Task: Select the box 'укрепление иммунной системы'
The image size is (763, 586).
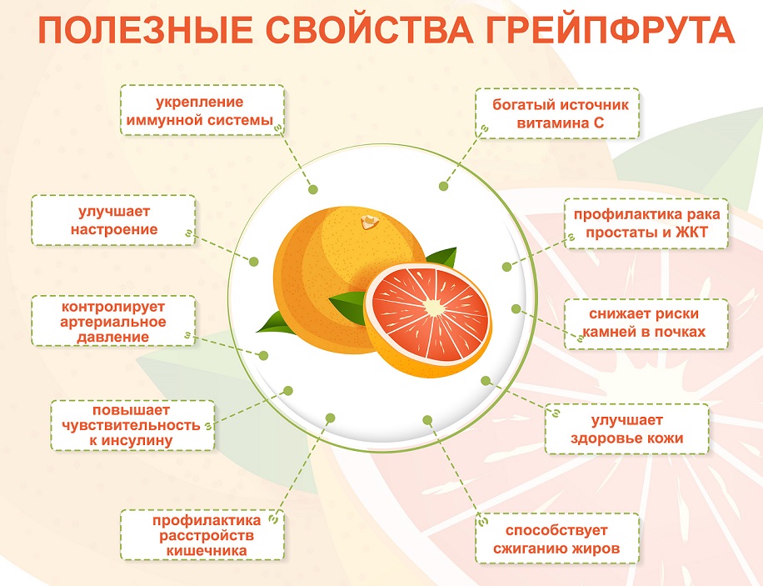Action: [x=202, y=110]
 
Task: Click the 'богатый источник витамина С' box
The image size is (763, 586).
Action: [x=557, y=113]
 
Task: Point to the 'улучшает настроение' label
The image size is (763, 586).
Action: [x=113, y=220]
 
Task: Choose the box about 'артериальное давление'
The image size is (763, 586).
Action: [x=113, y=321]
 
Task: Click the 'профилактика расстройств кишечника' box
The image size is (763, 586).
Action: [x=202, y=535]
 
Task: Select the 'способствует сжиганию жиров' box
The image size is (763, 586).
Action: [x=557, y=538]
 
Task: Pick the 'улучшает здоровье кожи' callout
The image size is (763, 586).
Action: [x=626, y=429]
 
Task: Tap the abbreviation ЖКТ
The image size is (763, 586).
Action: [x=691, y=233]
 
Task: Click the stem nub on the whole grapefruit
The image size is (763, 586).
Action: [x=369, y=222]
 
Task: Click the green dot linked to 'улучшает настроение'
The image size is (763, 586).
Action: [x=253, y=262]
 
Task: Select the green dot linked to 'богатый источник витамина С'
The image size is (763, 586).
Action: [x=443, y=186]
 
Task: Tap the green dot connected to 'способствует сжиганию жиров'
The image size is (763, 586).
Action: [x=427, y=420]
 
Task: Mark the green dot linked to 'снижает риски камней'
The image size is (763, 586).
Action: [x=516, y=309]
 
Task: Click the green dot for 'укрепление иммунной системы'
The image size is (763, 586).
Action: [x=313, y=189]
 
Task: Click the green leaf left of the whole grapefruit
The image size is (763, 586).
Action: [x=275, y=323]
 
